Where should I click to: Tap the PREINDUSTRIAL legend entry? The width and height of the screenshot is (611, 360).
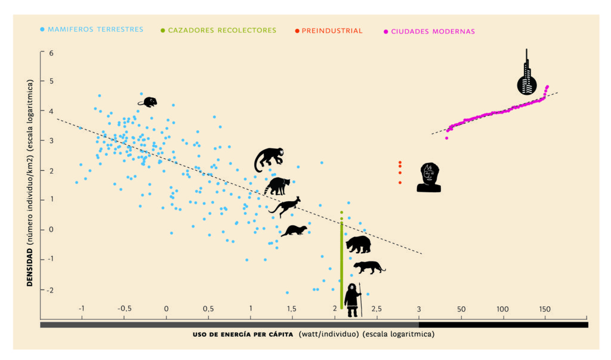[332, 30]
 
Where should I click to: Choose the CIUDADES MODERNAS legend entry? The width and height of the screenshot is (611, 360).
[433, 31]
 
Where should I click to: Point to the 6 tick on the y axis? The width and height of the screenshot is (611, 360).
[35, 53]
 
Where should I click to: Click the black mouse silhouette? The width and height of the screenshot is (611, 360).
[148, 102]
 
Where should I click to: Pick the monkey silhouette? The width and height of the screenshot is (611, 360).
[269, 159]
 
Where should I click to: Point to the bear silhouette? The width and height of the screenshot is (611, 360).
[359, 244]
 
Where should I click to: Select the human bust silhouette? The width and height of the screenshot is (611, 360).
[429, 177]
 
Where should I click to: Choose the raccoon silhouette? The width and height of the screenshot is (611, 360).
[277, 186]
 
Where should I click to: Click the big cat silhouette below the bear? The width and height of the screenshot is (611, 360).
[369, 267]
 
